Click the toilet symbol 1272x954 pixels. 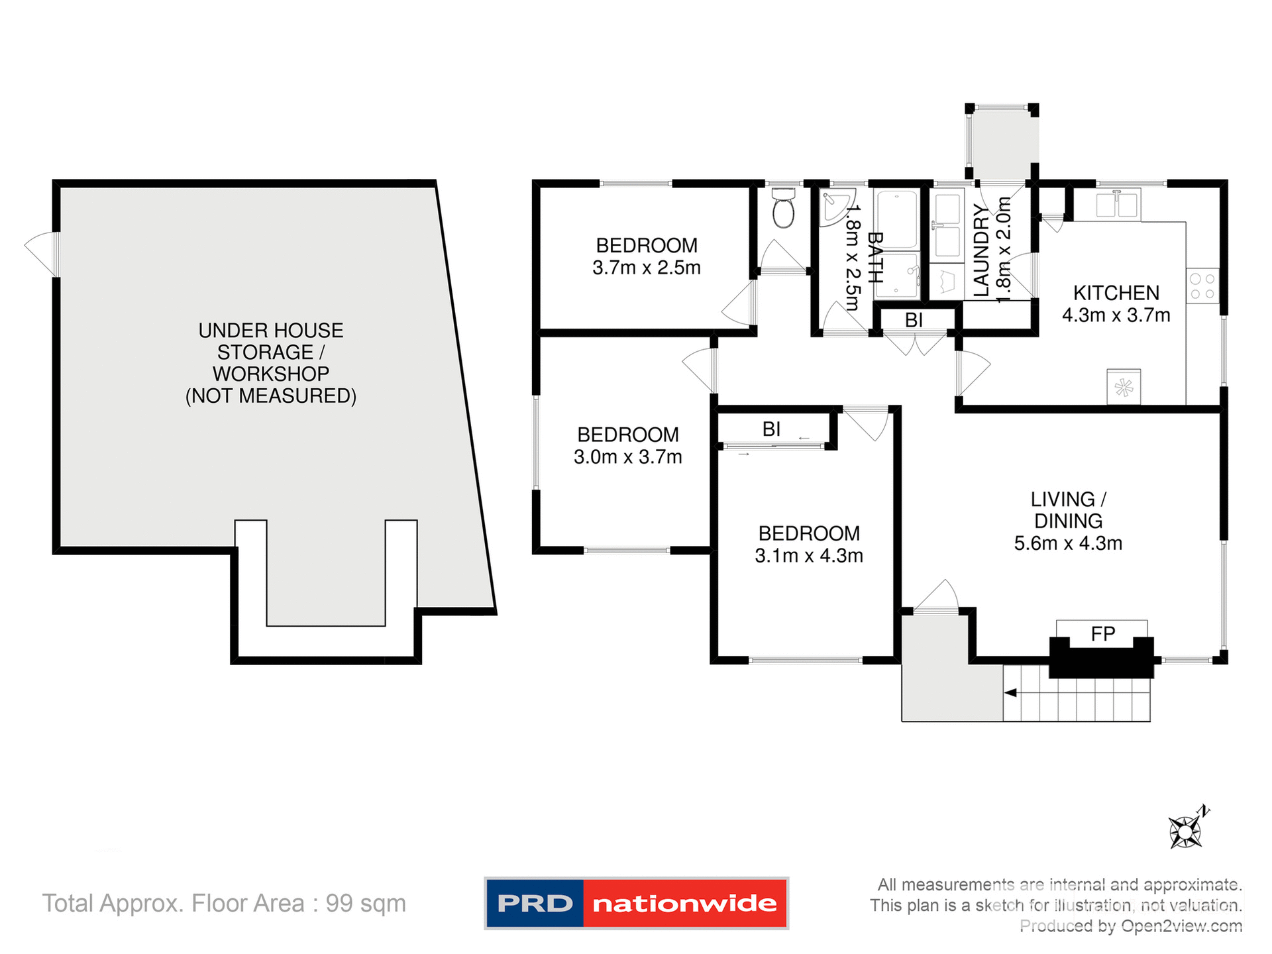click(783, 208)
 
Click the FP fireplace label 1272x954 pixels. click(1102, 634)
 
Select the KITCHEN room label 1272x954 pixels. click(1116, 293)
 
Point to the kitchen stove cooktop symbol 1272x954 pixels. click(1202, 286)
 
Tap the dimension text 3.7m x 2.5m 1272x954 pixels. click(646, 268)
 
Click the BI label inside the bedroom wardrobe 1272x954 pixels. click(771, 429)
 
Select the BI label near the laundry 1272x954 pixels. click(914, 321)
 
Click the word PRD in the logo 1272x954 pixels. click(535, 904)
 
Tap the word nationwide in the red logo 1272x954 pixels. click(684, 904)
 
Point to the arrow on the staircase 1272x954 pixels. click(1011, 693)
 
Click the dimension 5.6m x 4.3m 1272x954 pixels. click(1068, 544)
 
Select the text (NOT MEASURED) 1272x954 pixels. click(270, 396)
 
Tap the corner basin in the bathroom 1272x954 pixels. click(833, 205)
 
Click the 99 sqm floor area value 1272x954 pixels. click(365, 904)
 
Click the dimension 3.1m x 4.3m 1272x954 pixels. click(808, 556)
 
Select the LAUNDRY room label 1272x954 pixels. click(981, 250)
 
